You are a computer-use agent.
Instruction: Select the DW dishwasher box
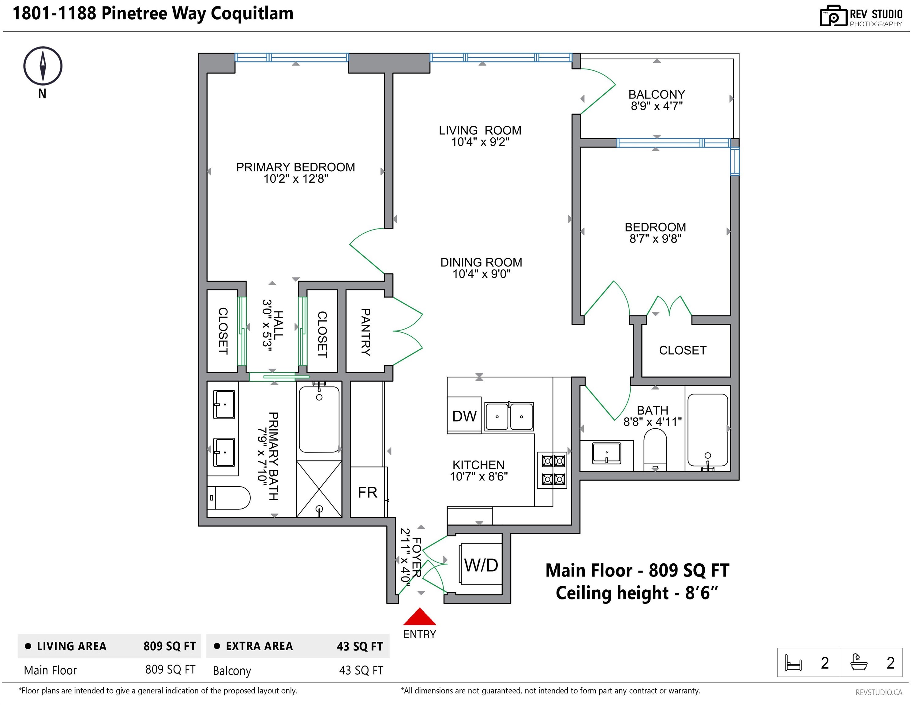click(464, 416)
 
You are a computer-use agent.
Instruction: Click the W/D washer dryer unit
click(481, 565)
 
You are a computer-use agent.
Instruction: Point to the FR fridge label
click(367, 493)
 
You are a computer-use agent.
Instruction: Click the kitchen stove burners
click(553, 470)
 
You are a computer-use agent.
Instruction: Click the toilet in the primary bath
click(229, 498)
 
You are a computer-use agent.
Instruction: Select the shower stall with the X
click(319, 489)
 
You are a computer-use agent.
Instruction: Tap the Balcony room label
click(657, 95)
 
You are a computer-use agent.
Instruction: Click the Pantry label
click(366, 332)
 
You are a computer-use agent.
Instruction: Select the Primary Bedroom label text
click(295, 167)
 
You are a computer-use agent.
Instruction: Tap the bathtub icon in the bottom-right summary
click(859, 662)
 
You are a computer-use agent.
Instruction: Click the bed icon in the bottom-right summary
click(793, 662)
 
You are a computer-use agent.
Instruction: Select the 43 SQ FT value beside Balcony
click(361, 670)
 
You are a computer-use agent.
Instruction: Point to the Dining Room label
click(481, 262)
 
